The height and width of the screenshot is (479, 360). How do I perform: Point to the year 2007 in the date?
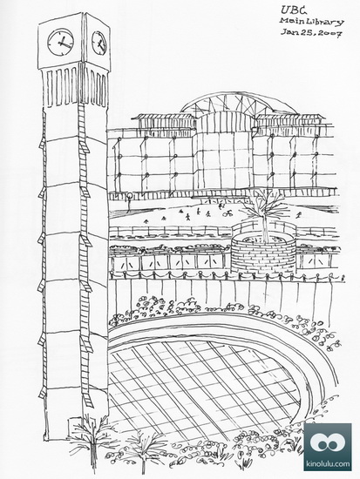(329, 34)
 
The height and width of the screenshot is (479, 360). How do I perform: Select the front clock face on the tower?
(60, 42)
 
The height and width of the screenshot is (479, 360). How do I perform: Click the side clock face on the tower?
(99, 43)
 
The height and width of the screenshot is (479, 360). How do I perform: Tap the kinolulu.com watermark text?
(328, 463)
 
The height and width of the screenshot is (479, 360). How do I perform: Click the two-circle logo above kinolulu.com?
(328, 442)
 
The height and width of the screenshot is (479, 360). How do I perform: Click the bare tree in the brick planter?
(263, 214)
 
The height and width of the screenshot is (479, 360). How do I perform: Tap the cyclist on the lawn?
(228, 213)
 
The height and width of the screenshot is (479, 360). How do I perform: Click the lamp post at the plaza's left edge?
(129, 203)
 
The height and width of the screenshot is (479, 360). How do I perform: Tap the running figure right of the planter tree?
(299, 215)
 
